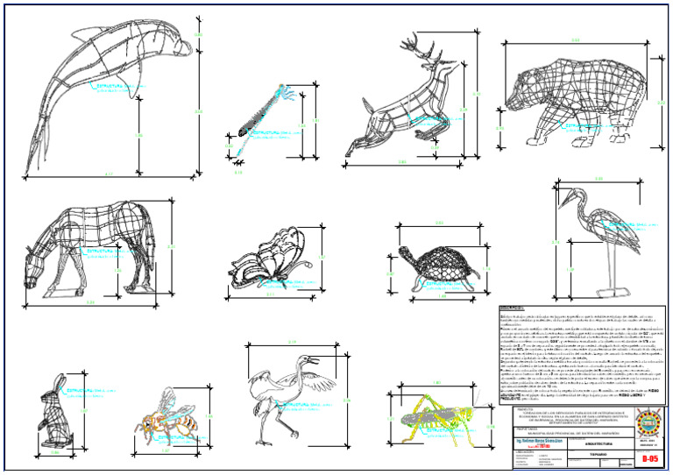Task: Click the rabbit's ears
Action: pyautogui.click(x=60, y=384)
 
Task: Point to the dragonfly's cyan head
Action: pyautogui.click(x=285, y=89)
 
